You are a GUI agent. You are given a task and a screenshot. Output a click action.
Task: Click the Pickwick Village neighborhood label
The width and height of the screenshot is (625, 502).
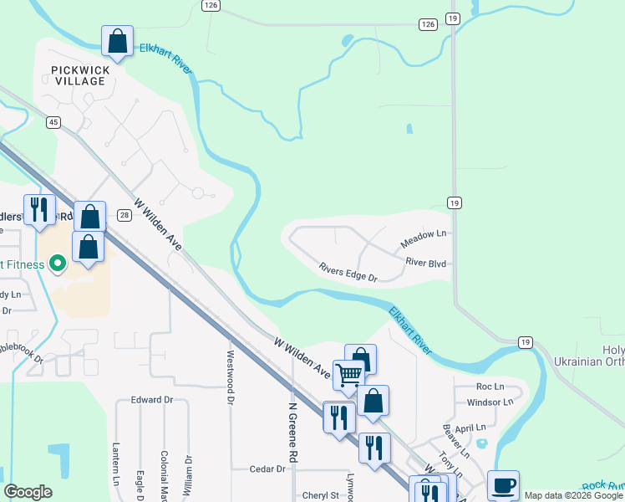[x=78, y=75]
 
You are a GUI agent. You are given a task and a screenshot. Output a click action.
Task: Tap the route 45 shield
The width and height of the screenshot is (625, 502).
[x=53, y=122]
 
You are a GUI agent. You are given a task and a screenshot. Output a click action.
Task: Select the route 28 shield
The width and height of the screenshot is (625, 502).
[x=124, y=216]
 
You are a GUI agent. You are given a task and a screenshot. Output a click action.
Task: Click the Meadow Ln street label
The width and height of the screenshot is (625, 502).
[x=423, y=239]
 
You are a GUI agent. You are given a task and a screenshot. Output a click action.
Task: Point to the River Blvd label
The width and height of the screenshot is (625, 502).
[x=425, y=263]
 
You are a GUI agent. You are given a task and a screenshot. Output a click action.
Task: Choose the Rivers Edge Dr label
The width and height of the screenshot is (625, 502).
[x=348, y=271]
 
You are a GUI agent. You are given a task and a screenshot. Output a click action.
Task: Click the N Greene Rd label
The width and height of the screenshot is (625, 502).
[x=292, y=434]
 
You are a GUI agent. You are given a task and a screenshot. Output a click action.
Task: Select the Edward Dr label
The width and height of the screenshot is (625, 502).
[x=151, y=400]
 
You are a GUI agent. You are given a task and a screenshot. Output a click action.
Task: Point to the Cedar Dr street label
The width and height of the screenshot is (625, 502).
[x=267, y=469]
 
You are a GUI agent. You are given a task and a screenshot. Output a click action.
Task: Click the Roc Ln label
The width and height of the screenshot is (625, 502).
[x=490, y=387]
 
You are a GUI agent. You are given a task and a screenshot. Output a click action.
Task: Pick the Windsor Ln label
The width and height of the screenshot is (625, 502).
[x=490, y=402]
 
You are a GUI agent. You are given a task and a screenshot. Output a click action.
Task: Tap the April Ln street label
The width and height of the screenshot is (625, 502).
[x=471, y=427]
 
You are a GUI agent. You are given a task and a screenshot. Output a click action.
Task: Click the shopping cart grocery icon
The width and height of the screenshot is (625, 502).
[x=348, y=375]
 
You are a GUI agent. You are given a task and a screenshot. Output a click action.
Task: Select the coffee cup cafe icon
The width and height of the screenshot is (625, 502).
[x=503, y=484]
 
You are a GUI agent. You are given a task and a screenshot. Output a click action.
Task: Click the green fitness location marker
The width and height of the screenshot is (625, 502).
[x=58, y=264]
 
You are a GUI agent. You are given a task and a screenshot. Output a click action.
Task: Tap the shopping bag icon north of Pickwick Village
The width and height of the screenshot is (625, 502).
[x=117, y=40]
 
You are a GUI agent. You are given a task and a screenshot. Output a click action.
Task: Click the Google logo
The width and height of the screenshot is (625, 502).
[x=28, y=492]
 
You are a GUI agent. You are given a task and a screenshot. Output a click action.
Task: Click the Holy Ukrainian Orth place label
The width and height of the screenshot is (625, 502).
[x=588, y=356]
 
